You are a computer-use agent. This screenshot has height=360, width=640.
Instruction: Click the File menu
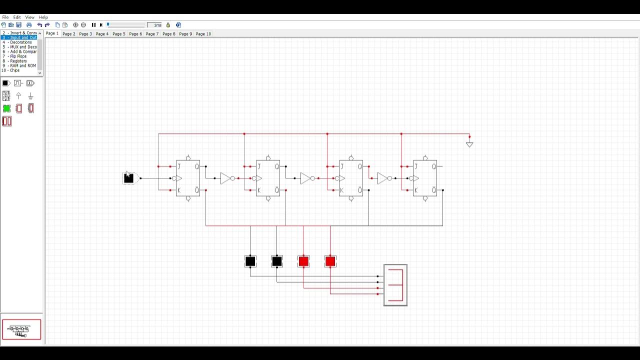(5, 17)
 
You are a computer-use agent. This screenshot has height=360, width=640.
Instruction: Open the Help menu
(43, 17)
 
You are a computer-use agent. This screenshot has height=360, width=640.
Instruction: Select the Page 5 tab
(119, 34)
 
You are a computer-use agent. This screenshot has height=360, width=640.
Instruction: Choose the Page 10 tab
(203, 34)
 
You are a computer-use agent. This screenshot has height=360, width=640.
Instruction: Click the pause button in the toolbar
(93, 25)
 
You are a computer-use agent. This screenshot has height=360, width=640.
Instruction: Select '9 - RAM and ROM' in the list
(19, 65)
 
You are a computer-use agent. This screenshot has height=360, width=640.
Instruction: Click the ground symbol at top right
(469, 144)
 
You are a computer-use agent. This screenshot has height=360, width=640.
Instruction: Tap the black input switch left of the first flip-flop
(128, 178)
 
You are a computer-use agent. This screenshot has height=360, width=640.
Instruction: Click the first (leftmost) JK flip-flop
(188, 178)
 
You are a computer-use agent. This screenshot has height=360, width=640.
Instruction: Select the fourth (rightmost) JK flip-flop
(425, 178)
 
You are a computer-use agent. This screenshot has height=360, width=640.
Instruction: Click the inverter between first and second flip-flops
(226, 178)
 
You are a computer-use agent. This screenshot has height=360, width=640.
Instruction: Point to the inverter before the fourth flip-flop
(383, 178)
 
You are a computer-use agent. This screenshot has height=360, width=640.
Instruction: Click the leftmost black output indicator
(250, 261)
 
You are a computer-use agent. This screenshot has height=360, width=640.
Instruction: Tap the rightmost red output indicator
(330, 261)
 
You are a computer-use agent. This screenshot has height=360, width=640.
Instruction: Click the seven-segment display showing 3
(395, 285)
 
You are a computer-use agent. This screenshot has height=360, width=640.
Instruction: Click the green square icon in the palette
(6, 108)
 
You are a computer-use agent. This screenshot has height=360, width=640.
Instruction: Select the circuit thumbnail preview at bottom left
(21, 329)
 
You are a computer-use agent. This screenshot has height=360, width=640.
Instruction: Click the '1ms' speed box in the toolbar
(157, 25)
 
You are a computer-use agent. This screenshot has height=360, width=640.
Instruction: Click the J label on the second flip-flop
(259, 166)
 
